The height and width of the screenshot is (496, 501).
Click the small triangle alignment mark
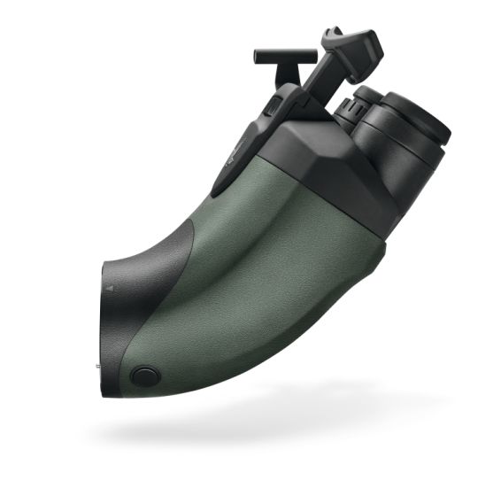[110, 289]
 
